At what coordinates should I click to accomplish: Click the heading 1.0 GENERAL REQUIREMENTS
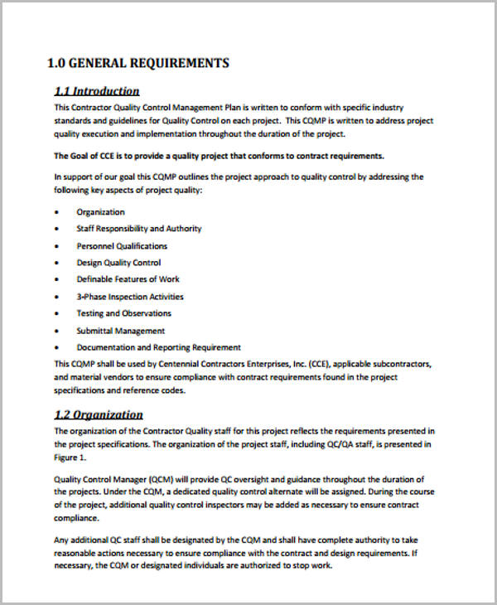pos(138,64)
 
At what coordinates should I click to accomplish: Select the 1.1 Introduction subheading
pos(97,91)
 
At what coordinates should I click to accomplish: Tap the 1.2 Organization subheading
pos(99,414)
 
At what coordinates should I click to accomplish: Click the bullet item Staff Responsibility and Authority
pos(138,229)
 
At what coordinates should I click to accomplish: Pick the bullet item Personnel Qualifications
pos(122,246)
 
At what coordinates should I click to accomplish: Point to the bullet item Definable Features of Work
pos(128,279)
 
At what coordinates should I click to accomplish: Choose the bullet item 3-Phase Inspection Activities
pos(130,297)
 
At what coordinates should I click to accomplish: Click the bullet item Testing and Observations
pos(123,313)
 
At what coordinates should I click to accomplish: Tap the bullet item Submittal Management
pos(121,331)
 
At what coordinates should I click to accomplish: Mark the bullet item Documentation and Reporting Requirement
pos(158,347)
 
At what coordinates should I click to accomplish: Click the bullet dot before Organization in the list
pos(57,212)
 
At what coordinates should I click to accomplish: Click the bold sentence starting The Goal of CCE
pos(219,156)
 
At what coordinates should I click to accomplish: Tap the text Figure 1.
pos(70,457)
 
